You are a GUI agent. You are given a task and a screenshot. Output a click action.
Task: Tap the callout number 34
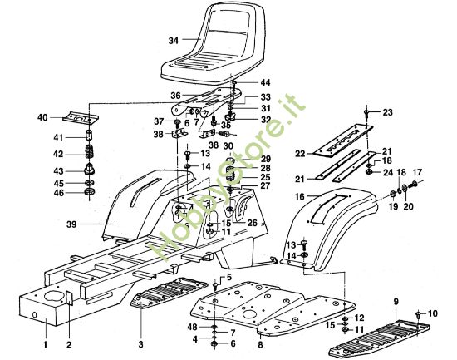coord(173,40)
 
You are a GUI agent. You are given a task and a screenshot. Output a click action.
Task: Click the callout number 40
coord(42,118)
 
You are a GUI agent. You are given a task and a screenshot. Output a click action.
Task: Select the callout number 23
coord(386,111)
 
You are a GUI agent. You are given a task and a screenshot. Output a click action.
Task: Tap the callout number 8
coord(260,343)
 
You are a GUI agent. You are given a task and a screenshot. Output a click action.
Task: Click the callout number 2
coord(69,343)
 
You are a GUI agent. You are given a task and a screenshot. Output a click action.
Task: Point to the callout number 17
coord(418,173)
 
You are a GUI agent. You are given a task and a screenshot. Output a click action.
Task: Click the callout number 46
coord(58,193)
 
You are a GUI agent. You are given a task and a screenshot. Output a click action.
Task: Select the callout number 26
coord(251,222)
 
